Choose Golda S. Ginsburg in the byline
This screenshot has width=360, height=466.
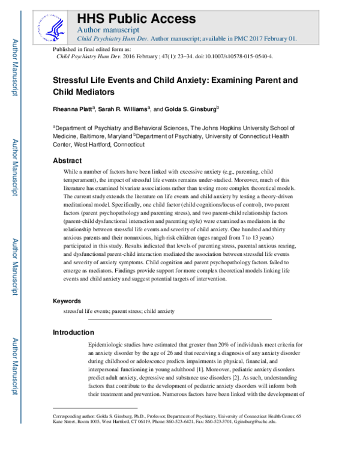click(193, 109)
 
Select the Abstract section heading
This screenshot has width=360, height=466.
click(68, 161)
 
